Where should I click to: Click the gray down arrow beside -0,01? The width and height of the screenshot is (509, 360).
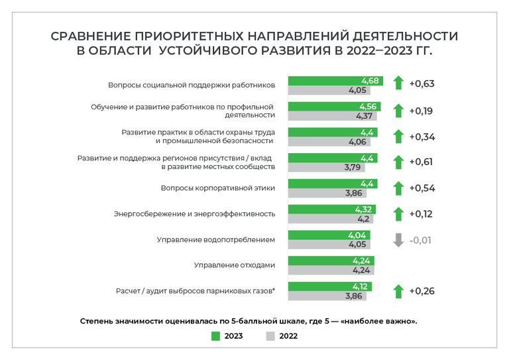(398, 240)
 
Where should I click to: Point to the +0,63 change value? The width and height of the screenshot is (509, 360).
(422, 84)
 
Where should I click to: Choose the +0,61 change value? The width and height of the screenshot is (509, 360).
(422, 162)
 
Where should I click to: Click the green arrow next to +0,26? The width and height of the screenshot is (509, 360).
(398, 291)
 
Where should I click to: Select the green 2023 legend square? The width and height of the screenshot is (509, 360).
(215, 335)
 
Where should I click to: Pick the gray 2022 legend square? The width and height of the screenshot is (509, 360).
(270, 335)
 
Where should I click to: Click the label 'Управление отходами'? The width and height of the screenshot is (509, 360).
(234, 265)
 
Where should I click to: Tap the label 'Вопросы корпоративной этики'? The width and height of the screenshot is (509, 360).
(217, 188)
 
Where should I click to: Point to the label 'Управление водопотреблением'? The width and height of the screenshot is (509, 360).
(215, 239)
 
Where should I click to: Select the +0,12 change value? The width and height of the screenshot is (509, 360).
(422, 213)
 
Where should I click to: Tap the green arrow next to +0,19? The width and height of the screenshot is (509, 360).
(398, 111)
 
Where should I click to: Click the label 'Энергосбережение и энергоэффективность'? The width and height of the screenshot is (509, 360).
(194, 214)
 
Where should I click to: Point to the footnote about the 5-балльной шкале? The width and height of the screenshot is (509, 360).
(248, 321)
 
